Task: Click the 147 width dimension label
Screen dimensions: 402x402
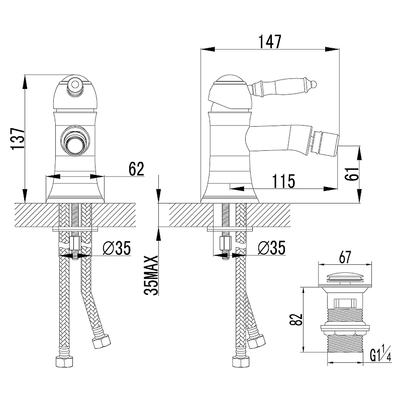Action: pyautogui.click(x=270, y=42)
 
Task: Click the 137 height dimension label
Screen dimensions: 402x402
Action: pyautogui.click(x=18, y=139)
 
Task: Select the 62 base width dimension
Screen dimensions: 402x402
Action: pyautogui.click(x=136, y=169)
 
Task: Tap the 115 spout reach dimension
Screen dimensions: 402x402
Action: pyautogui.click(x=283, y=181)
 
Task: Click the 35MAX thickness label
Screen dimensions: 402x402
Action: pyautogui.click(x=151, y=275)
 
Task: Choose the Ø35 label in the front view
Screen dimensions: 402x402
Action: pyautogui.click(x=117, y=248)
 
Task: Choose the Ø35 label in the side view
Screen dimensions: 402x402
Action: pyautogui.click(x=271, y=248)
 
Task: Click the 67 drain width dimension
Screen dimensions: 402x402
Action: pyautogui.click(x=345, y=257)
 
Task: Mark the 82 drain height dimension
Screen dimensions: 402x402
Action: pyautogui.click(x=296, y=320)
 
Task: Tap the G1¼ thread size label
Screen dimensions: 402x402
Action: pyautogui.click(x=380, y=354)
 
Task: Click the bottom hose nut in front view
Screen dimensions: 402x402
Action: pyautogui.click(x=64, y=362)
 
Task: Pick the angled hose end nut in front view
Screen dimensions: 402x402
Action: pyautogui.click(x=102, y=341)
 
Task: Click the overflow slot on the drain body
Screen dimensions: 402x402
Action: pyautogui.click(x=345, y=303)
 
